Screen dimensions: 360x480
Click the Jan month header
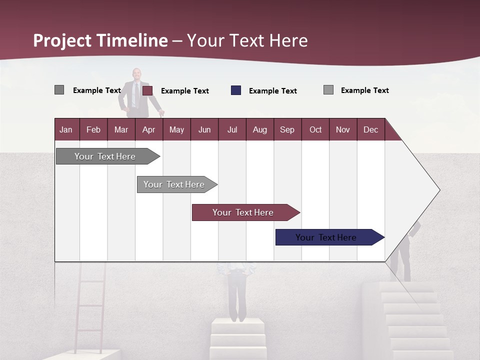point(66,129)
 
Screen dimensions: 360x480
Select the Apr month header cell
point(148,129)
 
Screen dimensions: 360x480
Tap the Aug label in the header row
point(259,129)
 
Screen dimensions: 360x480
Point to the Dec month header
point(370,129)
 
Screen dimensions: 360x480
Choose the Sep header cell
point(287,129)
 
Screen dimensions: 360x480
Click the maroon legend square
point(147,90)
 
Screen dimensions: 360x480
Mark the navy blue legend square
point(236,90)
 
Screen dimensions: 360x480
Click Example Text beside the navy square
point(272,91)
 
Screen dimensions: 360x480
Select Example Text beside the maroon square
point(184,91)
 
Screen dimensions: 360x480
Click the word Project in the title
point(62,40)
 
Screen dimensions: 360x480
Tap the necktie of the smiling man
point(136,95)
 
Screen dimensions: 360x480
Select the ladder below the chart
point(90,305)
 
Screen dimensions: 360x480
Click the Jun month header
point(204,129)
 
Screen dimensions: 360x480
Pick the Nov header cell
point(342,129)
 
